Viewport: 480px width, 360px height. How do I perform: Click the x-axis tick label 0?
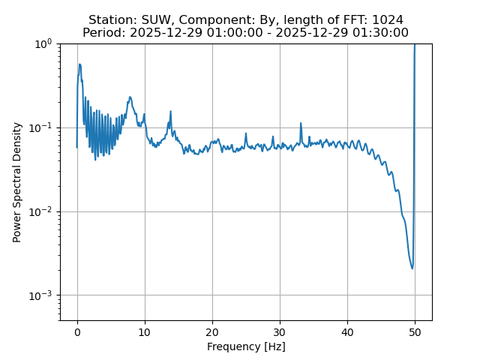pyautogui.click(x=77, y=331)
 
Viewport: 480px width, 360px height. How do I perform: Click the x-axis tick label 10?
pyautogui.click(x=145, y=331)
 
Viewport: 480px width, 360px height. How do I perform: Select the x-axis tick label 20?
pyautogui.click(x=212, y=331)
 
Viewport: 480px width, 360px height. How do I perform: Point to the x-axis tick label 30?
pyautogui.click(x=280, y=331)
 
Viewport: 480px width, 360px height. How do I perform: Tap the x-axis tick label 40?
pyautogui.click(x=347, y=331)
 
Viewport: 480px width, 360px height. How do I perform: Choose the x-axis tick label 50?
pyautogui.click(x=415, y=331)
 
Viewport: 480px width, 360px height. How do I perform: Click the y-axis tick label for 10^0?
pyautogui.click(x=44, y=43)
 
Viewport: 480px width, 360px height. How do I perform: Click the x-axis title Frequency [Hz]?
pyautogui.click(x=246, y=346)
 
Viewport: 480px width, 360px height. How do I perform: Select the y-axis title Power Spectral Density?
pyautogui.click(x=17, y=182)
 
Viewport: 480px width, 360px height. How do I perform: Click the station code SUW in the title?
pyautogui.click(x=157, y=19)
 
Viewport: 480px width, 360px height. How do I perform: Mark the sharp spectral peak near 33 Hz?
pyautogui.click(x=301, y=124)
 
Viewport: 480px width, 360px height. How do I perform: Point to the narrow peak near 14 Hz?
pyautogui.click(x=170, y=112)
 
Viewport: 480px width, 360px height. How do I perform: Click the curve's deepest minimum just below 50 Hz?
pyautogui.click(x=412, y=268)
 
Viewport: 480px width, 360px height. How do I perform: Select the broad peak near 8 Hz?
pyautogui.click(x=130, y=97)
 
